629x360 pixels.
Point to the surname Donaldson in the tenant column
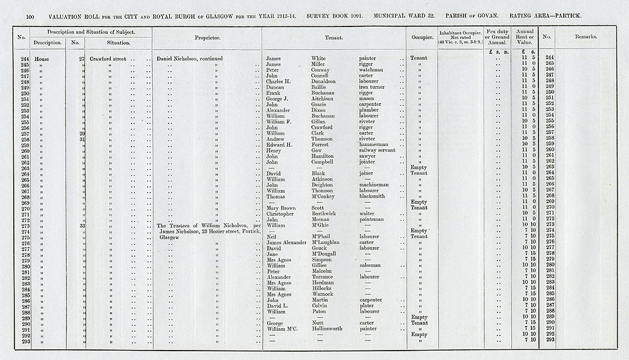[327, 81]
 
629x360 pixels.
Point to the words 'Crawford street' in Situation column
[108, 58]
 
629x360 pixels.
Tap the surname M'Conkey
[325, 196]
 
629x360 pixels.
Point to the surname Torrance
[325, 277]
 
